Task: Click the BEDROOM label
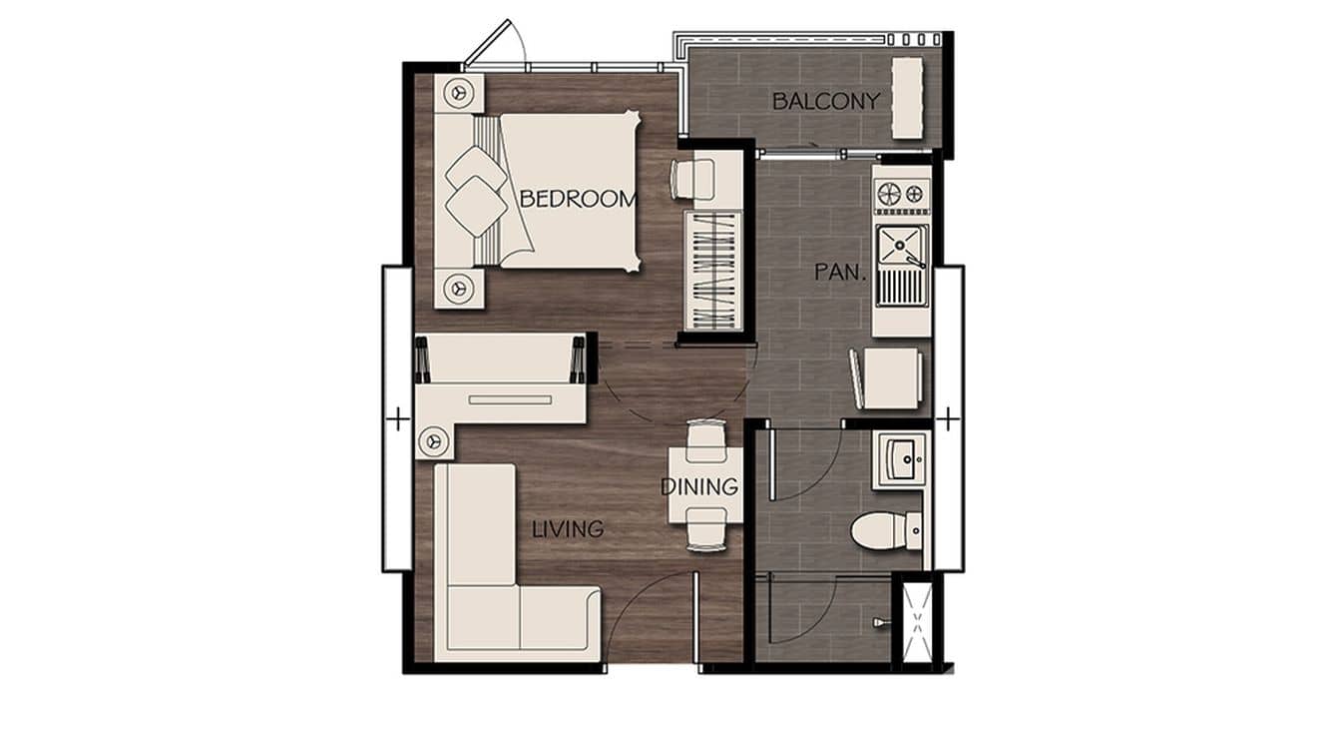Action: [577, 199]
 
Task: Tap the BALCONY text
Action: [825, 101]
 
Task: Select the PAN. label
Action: [835, 272]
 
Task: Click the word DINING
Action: [699, 487]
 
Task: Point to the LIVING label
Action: [567, 529]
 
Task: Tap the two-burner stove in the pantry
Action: [902, 194]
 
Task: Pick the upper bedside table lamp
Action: [459, 93]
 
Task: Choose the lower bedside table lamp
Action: [459, 287]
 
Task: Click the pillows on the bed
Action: [475, 190]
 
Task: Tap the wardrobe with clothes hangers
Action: [713, 270]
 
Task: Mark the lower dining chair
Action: [706, 530]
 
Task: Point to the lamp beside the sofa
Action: [433, 438]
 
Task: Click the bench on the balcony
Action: [907, 98]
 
